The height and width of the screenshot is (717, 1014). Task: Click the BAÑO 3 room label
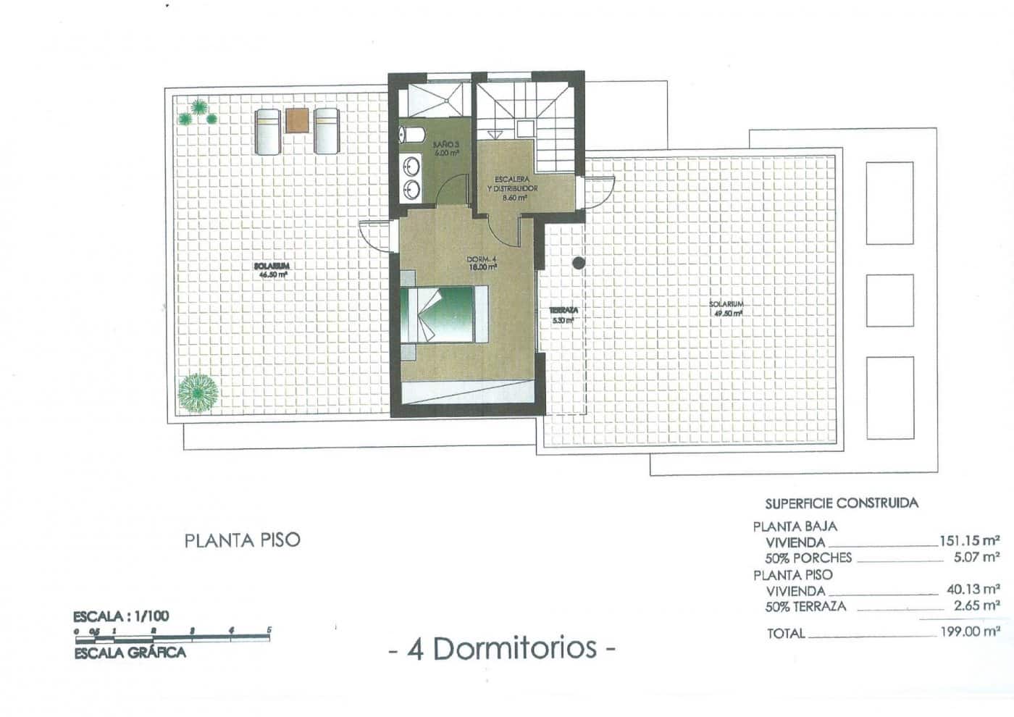tap(448, 148)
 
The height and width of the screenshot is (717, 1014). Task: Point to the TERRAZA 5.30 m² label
tap(563, 314)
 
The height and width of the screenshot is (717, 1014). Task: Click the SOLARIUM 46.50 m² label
tap(272, 270)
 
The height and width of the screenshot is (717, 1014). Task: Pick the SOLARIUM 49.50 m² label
tap(726, 309)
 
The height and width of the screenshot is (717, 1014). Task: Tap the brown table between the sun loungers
tap(296, 120)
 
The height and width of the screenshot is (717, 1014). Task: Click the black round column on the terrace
tap(578, 264)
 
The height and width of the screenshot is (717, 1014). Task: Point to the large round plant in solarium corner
tap(198, 393)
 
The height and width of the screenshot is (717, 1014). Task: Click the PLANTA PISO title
tap(242, 540)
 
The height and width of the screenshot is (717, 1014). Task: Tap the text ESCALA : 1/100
tap(122, 617)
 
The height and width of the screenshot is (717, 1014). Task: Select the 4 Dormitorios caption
tap(503, 648)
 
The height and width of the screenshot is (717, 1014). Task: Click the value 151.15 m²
tap(970, 540)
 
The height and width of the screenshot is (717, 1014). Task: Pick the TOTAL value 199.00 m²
tap(970, 632)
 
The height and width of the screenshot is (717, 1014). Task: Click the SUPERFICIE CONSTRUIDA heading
tap(842, 503)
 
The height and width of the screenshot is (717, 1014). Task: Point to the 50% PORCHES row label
tap(808, 558)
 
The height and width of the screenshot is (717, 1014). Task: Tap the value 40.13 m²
tap(973, 590)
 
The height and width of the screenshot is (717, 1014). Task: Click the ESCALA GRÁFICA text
tap(130, 652)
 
